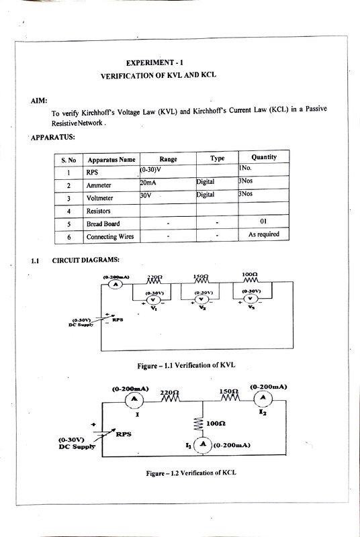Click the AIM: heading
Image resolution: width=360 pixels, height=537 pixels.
pyautogui.click(x=39, y=100)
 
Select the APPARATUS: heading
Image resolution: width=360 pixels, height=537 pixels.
pyautogui.click(x=53, y=138)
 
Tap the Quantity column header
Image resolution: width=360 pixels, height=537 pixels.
pyautogui.click(x=263, y=158)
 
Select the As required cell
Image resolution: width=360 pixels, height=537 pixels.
pyautogui.click(x=263, y=236)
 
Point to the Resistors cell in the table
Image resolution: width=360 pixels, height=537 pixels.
pyautogui.click(x=100, y=211)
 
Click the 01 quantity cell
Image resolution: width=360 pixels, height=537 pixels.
pyautogui.click(x=263, y=222)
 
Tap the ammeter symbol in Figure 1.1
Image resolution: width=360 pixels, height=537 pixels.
pyautogui.click(x=115, y=285)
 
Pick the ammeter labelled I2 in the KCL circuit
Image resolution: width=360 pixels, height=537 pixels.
pyautogui.click(x=264, y=399)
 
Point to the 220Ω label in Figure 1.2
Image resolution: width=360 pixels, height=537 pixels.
pyautogui.click(x=169, y=391)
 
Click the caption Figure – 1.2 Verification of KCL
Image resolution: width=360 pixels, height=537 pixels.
pyautogui.click(x=191, y=473)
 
